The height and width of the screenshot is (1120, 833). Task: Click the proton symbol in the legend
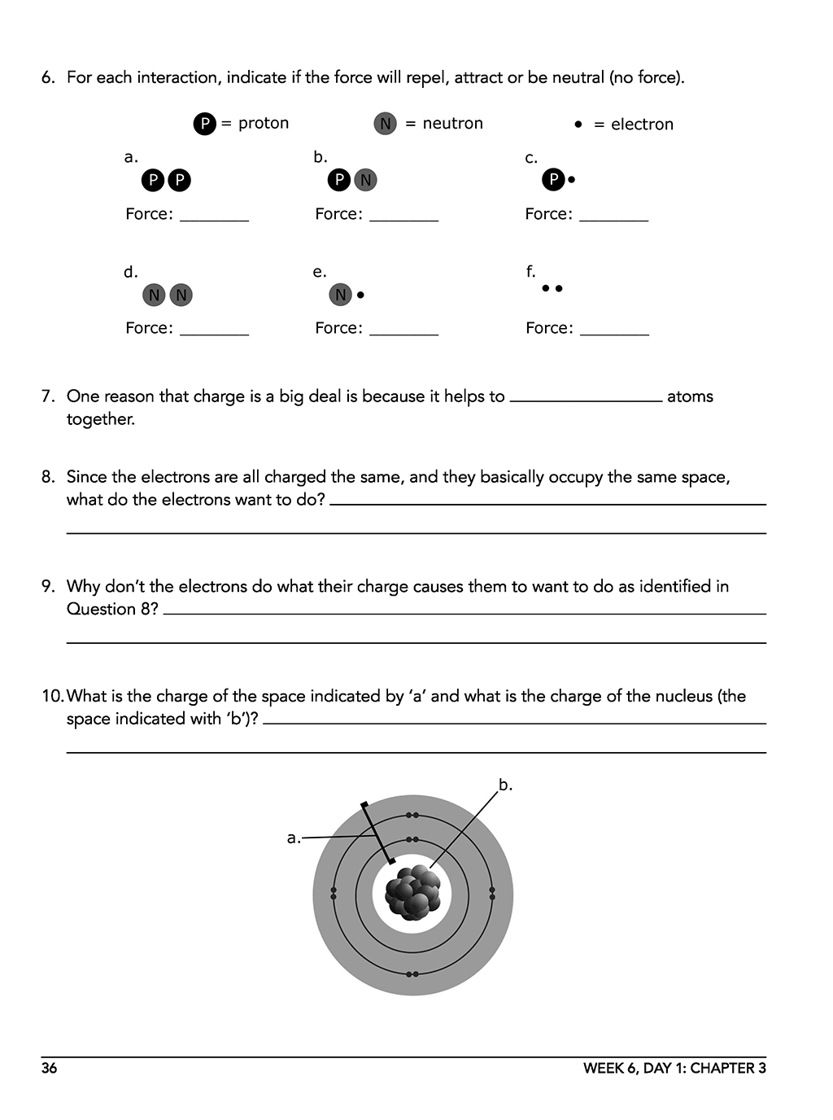pyautogui.click(x=204, y=124)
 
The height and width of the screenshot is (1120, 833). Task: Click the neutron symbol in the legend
pyautogui.click(x=385, y=124)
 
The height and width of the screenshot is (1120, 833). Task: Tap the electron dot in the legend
pyautogui.click(x=578, y=125)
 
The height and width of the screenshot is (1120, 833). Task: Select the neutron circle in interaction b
pyautogui.click(x=365, y=180)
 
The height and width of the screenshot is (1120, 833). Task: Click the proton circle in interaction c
pyautogui.click(x=553, y=179)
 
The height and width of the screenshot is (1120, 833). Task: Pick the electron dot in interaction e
pyautogui.click(x=360, y=295)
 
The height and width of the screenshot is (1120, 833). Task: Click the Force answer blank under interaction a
pyautogui.click(x=214, y=217)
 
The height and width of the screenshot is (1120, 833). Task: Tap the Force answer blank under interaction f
pyautogui.click(x=614, y=330)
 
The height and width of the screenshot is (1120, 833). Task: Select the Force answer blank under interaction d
pyautogui.click(x=214, y=330)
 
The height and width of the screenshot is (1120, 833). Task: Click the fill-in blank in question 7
pyautogui.click(x=586, y=397)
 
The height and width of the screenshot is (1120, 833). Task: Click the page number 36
pyautogui.click(x=50, y=1068)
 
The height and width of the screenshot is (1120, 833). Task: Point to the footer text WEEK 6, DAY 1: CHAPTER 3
pyautogui.click(x=674, y=1068)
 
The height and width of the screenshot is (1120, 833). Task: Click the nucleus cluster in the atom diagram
pyautogui.click(x=413, y=893)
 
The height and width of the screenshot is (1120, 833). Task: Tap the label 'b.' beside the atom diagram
pyautogui.click(x=505, y=785)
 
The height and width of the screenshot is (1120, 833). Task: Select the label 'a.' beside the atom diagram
pyautogui.click(x=294, y=838)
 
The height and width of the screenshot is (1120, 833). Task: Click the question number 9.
pyautogui.click(x=48, y=586)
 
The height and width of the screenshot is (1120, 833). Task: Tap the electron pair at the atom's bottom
pyautogui.click(x=412, y=973)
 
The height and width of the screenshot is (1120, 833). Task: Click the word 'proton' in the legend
pyautogui.click(x=264, y=123)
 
